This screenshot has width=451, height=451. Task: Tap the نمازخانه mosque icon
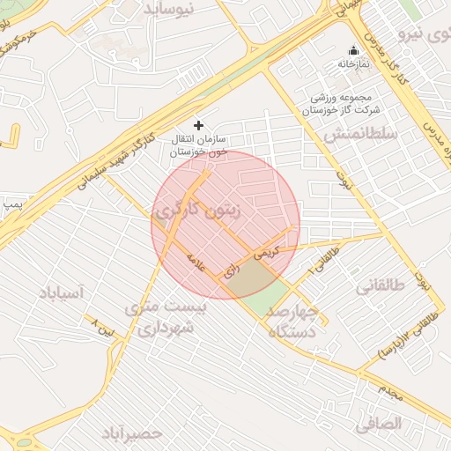[354, 50]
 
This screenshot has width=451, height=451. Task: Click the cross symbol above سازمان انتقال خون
[198, 125]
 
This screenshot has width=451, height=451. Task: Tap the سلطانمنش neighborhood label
[358, 135]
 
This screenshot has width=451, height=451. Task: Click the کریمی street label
[266, 251]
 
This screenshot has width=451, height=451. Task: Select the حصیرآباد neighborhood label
[132, 433]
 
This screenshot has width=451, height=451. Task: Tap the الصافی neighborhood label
[379, 424]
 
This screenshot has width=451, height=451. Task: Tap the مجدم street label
[391, 391]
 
